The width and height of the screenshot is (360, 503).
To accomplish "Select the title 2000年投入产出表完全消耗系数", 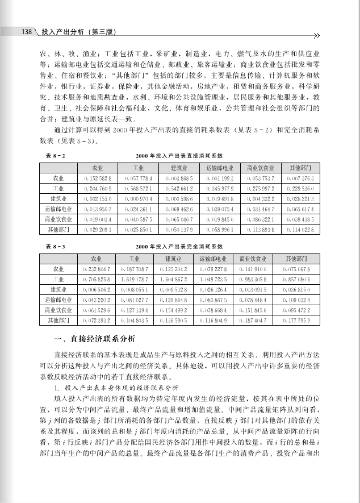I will [x=179, y=247].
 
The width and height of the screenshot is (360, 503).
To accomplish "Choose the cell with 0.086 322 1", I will [x=260, y=219].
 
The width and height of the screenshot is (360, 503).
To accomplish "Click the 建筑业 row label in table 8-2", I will [x=58, y=199].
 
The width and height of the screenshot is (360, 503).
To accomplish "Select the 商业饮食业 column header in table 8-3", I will [x=259, y=259].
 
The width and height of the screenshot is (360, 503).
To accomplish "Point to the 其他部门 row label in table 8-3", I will [x=58, y=321].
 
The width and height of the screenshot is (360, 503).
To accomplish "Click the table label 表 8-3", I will [x=54, y=247].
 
